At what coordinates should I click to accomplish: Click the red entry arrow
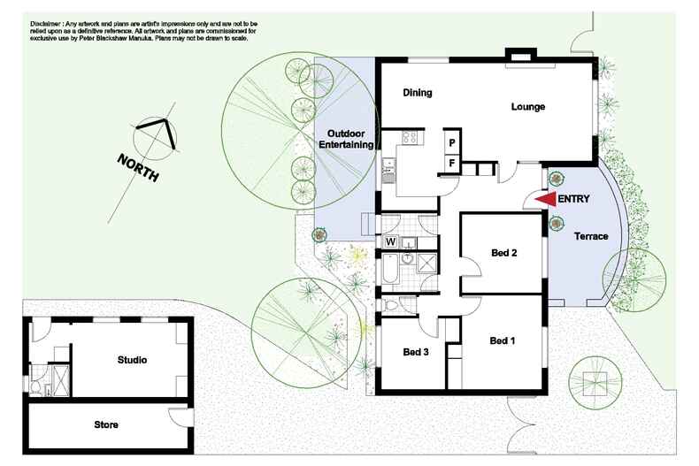(x=546, y=199)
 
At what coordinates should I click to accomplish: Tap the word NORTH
(x=138, y=167)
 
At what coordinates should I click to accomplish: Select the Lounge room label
(x=528, y=107)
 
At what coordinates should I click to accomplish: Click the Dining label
(x=418, y=93)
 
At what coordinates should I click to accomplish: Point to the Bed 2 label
(x=503, y=253)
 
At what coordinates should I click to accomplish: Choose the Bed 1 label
(x=503, y=340)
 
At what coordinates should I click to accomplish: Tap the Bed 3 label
(x=416, y=352)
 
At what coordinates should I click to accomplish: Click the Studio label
(x=132, y=360)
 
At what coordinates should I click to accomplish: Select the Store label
(x=106, y=424)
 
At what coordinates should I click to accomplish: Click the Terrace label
(x=591, y=236)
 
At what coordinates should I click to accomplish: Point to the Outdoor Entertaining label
(x=346, y=139)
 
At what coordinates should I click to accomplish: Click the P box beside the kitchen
(x=452, y=143)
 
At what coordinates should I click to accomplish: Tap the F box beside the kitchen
(x=452, y=164)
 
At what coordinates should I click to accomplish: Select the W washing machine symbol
(x=390, y=242)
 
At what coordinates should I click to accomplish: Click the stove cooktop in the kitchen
(x=410, y=138)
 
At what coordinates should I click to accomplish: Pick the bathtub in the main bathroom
(x=390, y=269)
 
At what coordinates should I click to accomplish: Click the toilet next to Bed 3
(x=389, y=306)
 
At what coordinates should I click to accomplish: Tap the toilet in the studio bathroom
(x=35, y=386)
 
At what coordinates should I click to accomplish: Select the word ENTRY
(x=573, y=199)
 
